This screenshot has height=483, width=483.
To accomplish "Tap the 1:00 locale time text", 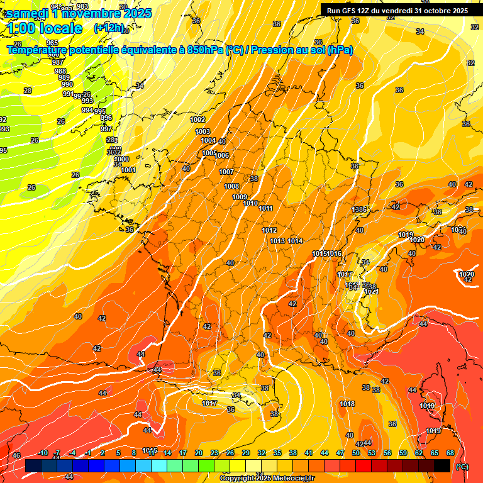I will (45, 28).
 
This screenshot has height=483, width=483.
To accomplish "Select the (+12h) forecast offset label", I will (109, 29).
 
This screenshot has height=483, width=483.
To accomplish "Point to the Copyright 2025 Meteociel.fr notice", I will (267, 478).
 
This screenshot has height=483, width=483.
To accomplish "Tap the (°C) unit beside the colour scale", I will (462, 467).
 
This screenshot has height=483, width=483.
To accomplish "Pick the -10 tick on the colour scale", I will (43, 453).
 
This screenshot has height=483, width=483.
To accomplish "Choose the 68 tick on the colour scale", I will (450, 453).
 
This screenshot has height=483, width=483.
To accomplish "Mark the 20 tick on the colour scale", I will (199, 453).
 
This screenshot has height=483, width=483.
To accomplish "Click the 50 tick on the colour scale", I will (356, 453).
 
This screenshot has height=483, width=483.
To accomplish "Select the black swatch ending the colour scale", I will (442, 465).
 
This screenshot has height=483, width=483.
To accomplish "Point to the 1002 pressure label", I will (198, 119).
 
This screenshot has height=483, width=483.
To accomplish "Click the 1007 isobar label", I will (226, 172).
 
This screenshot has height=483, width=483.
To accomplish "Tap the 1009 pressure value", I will (240, 197).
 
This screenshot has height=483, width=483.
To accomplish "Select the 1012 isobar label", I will (269, 231).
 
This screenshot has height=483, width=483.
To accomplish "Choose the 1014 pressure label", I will (296, 241).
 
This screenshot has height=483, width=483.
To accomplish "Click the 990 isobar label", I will (67, 85).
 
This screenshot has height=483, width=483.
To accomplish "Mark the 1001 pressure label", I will (128, 170).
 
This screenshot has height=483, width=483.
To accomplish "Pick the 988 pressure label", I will (61, 71).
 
